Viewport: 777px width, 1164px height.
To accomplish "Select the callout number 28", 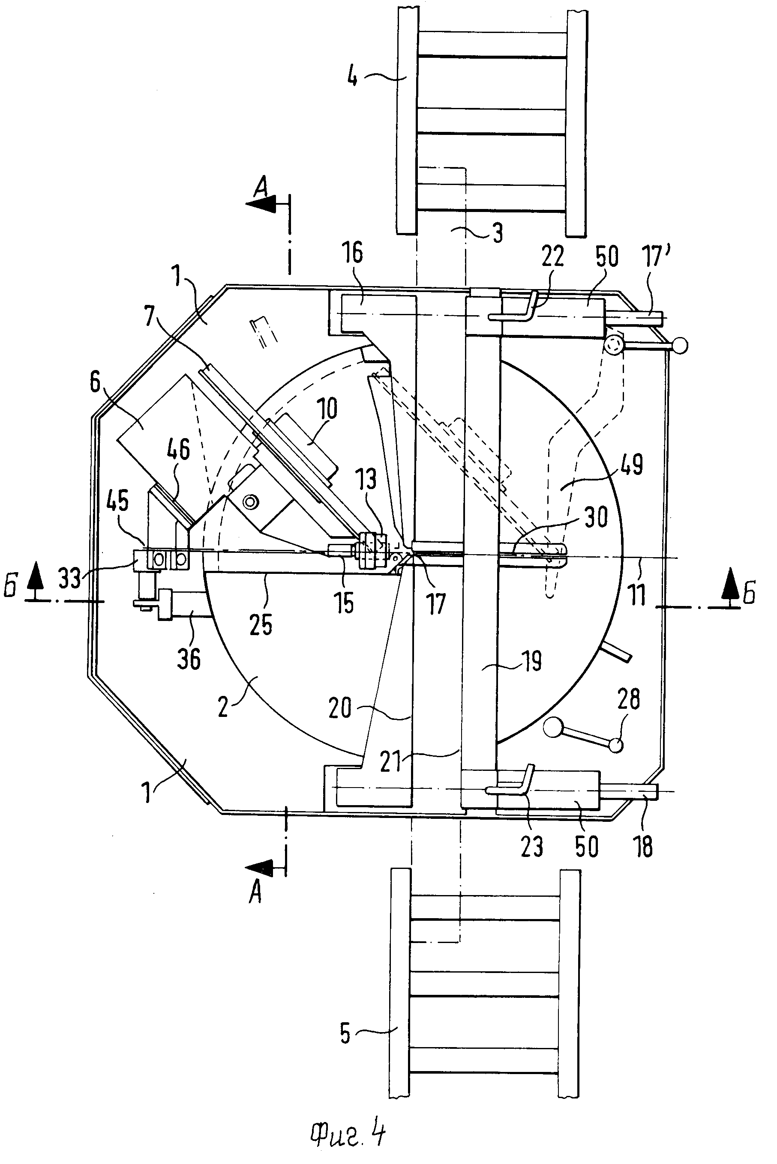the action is pos(628,698).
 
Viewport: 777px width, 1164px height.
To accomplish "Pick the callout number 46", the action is pos(178,449).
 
